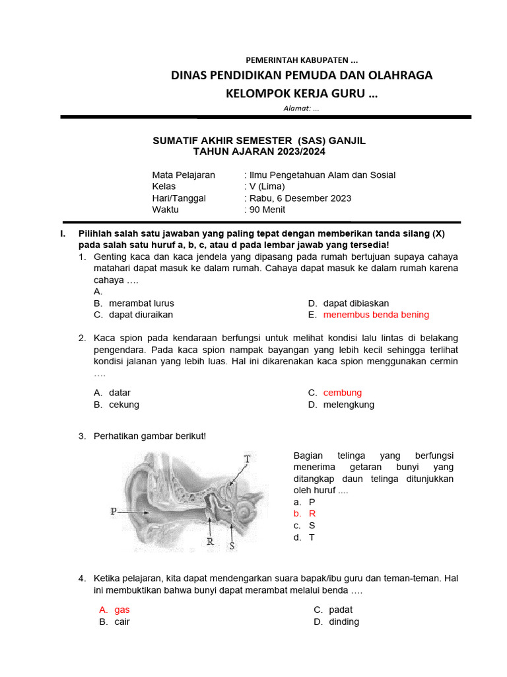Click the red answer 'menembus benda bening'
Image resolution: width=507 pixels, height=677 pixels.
point(376,315)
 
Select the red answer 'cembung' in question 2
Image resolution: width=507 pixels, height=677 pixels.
point(342,393)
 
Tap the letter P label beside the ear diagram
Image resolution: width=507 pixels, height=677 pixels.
point(114,511)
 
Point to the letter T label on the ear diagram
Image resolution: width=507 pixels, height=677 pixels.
point(247,459)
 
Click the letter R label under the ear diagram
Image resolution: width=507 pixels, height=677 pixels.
point(210,541)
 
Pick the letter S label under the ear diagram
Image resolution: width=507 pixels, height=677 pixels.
point(232,545)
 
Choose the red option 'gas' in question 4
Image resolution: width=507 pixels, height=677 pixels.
point(122,610)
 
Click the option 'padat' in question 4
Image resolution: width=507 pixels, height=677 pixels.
point(341,610)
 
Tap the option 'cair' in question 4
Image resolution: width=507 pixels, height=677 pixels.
point(122,621)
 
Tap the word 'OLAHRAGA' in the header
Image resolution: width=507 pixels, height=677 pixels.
point(397,75)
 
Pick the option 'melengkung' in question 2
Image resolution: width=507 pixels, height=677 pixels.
point(349,405)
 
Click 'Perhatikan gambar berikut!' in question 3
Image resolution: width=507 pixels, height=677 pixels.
point(150,436)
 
